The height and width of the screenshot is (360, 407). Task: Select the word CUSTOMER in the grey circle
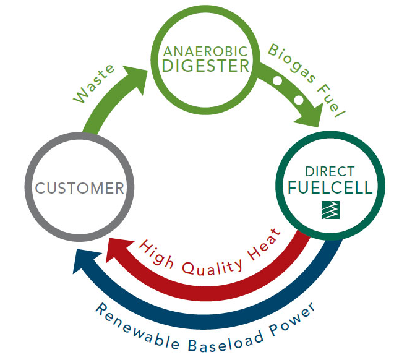pyautogui.click(x=80, y=187)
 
